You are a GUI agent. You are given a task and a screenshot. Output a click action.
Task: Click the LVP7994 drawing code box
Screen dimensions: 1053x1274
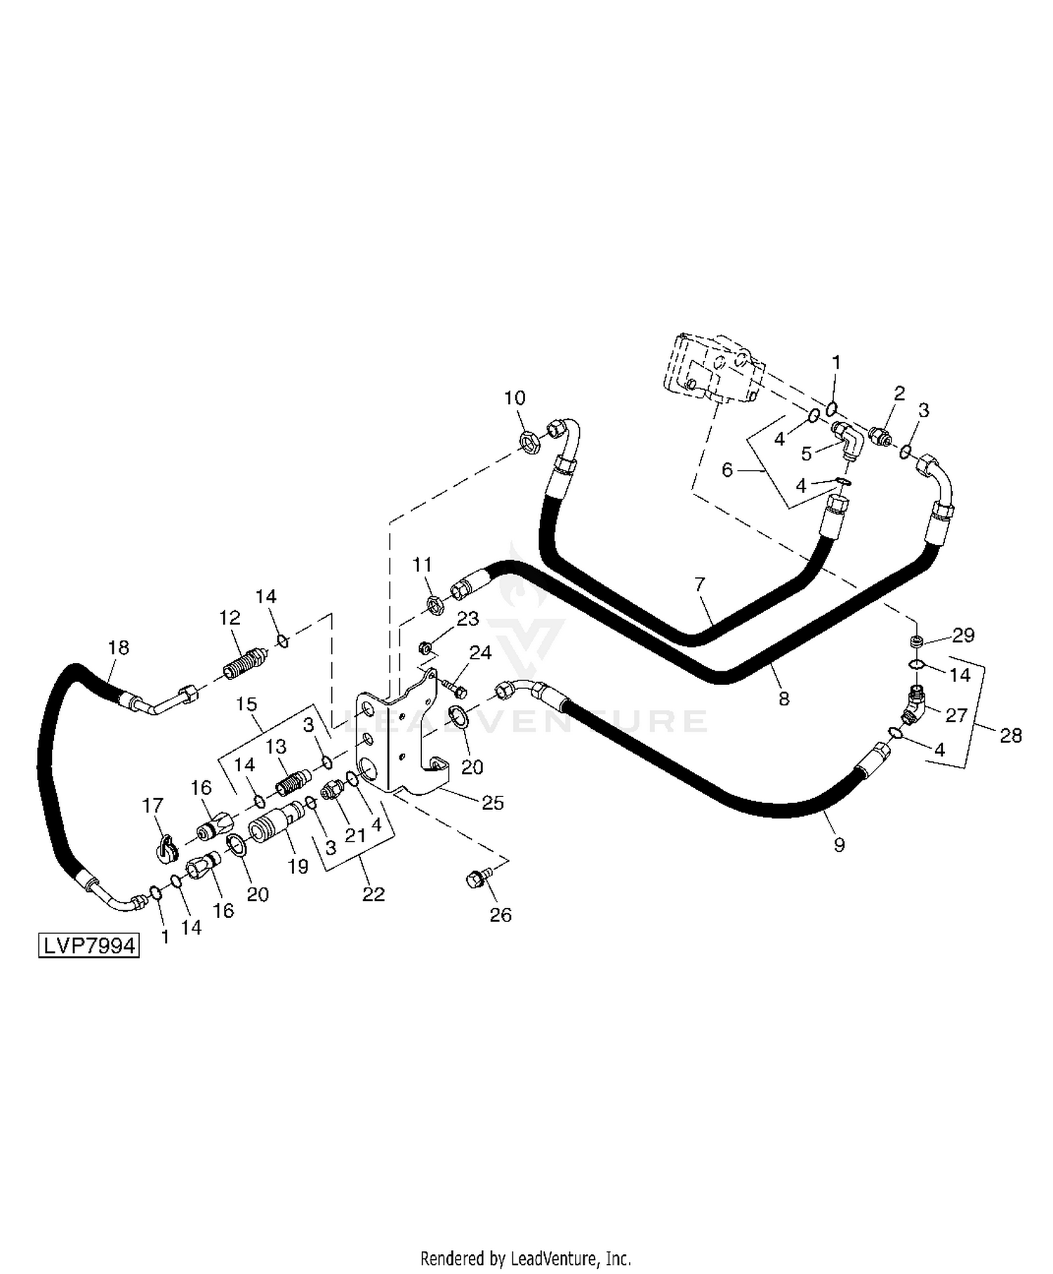(88, 945)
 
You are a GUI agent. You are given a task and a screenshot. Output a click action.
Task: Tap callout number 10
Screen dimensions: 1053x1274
(515, 398)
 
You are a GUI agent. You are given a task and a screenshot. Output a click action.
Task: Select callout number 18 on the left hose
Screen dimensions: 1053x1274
(119, 647)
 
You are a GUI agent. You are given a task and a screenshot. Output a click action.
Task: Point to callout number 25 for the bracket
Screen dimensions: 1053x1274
(493, 802)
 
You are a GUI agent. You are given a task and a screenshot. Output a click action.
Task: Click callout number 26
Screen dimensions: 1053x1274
(501, 914)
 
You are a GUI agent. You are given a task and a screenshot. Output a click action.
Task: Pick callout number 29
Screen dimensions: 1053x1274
(963, 635)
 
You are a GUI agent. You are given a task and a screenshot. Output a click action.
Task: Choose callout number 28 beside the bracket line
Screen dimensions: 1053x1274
(1011, 735)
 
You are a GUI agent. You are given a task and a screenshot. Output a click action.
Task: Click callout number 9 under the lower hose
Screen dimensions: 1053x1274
(839, 844)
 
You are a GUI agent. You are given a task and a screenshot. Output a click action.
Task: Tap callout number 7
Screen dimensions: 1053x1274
(699, 584)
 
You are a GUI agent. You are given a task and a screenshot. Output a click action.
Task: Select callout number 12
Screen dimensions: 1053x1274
(230, 618)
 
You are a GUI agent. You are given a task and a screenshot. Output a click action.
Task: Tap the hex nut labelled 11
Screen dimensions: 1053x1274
(435, 603)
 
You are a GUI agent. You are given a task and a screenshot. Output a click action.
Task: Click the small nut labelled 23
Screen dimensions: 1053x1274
(425, 646)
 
